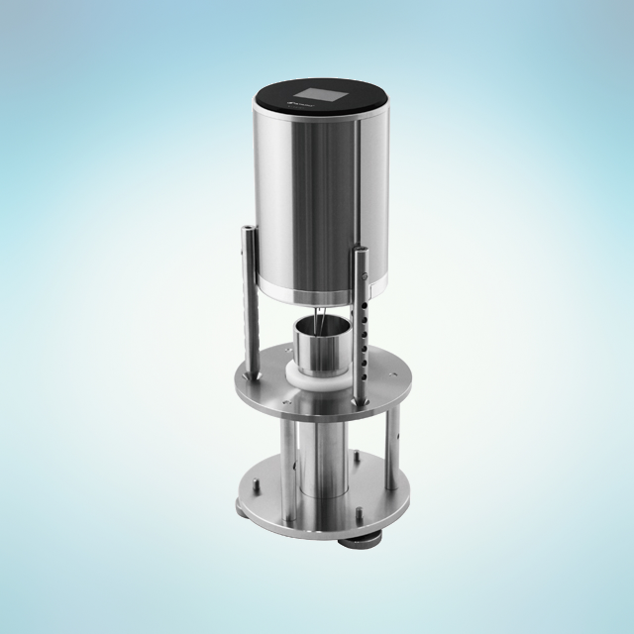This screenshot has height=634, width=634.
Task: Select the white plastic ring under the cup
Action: [x=318, y=381]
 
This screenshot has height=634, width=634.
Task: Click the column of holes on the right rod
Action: [x=370, y=327]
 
